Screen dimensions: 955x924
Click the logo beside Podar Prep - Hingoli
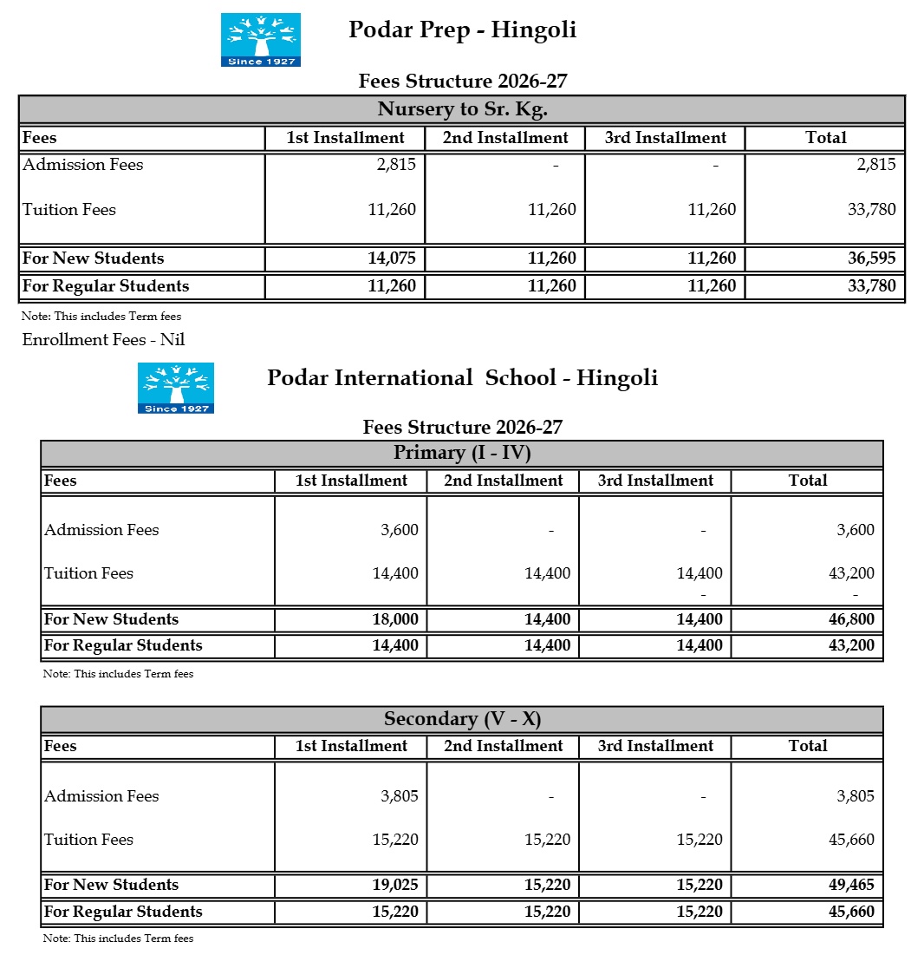[260, 40]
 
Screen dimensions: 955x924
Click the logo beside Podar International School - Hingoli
[175, 388]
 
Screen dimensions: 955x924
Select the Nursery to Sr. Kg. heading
[462, 109]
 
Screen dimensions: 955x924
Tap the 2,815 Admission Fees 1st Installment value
[398, 165]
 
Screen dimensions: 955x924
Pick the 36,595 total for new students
[872, 258]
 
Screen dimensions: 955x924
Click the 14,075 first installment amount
[392, 258]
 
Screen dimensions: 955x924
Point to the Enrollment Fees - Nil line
[103, 340]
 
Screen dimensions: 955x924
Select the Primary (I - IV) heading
[462, 453]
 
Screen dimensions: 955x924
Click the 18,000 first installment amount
[394, 619]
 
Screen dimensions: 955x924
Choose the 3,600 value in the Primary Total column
[856, 530]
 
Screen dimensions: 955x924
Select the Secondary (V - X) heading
[462, 719]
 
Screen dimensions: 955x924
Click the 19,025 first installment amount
[394, 885]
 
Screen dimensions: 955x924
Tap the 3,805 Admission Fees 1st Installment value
[400, 796]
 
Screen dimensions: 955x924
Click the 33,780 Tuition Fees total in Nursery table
[872, 210]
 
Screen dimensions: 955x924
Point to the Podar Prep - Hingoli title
[462, 30]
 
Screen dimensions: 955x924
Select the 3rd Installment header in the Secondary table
[655, 746]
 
